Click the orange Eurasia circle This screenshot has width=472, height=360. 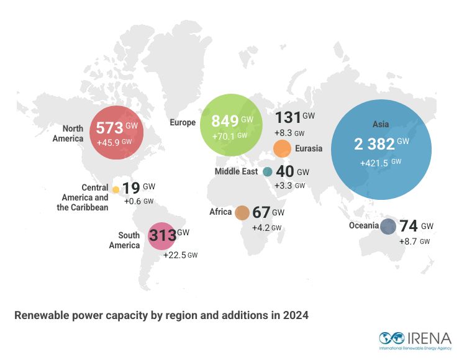point(282,149)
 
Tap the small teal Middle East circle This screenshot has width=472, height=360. point(268,172)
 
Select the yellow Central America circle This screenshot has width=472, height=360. point(116,189)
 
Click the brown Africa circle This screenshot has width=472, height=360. point(242,213)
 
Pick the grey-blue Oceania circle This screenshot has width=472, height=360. point(388,227)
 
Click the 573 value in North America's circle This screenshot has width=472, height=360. point(109,129)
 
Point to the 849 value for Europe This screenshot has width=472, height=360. point(224,120)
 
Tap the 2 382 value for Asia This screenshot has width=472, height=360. point(374,144)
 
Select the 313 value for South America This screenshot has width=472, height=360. point(162,236)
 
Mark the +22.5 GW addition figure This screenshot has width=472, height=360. point(180,254)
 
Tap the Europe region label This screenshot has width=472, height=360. point(183,123)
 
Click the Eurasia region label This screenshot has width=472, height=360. point(309,149)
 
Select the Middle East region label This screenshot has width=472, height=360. point(236,172)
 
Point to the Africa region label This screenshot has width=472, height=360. point(220,212)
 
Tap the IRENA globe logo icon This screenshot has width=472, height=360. point(393,338)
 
